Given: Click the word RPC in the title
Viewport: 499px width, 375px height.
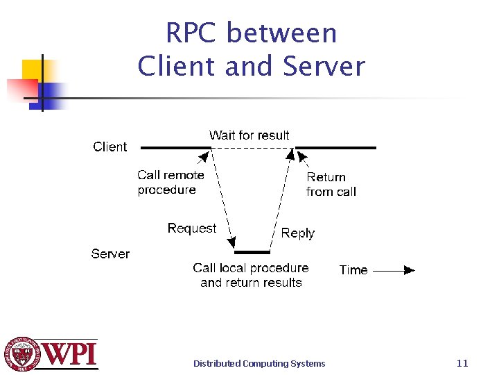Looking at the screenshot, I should point(192,33).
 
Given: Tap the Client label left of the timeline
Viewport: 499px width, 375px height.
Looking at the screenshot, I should point(110,147).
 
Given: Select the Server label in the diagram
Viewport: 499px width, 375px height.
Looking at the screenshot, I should point(110,253).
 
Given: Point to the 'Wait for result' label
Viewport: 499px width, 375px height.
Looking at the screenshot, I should point(249,135).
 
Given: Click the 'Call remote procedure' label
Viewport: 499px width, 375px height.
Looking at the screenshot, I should point(170,183).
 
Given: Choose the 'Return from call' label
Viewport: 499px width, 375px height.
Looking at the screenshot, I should point(331,184).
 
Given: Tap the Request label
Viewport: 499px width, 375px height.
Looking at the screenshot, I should point(191,228).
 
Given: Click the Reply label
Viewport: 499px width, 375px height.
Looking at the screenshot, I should point(298,233).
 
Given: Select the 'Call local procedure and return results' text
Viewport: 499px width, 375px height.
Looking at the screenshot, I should point(251,275).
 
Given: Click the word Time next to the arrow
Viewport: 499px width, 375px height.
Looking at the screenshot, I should point(353,270).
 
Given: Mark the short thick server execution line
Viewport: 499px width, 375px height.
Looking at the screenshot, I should point(252,252).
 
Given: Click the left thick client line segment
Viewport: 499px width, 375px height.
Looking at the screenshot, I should point(175,147).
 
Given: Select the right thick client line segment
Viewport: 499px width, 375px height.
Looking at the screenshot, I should point(337,147).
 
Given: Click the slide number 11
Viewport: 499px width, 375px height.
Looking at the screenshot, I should point(462,362).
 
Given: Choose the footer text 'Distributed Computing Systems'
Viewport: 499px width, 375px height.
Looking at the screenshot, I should point(259,363).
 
